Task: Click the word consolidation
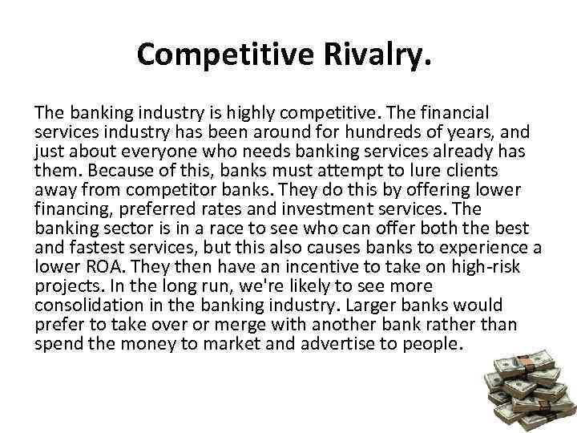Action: pos(83,306)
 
